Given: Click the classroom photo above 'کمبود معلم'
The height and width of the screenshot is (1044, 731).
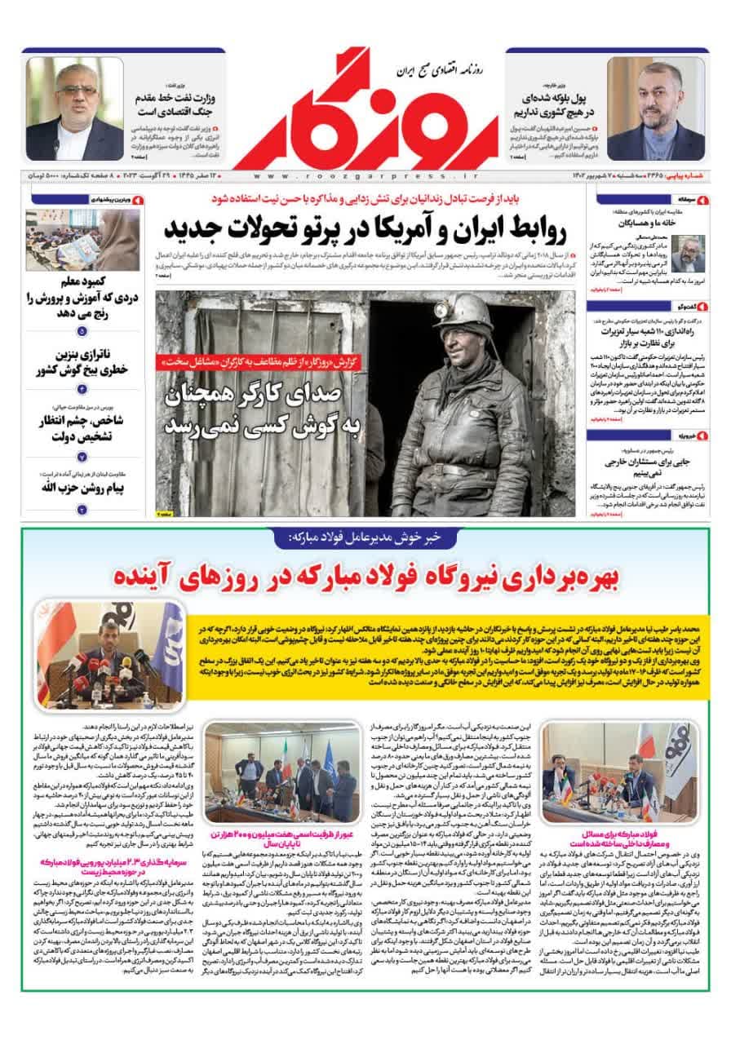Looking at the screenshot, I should coord(82,240).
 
